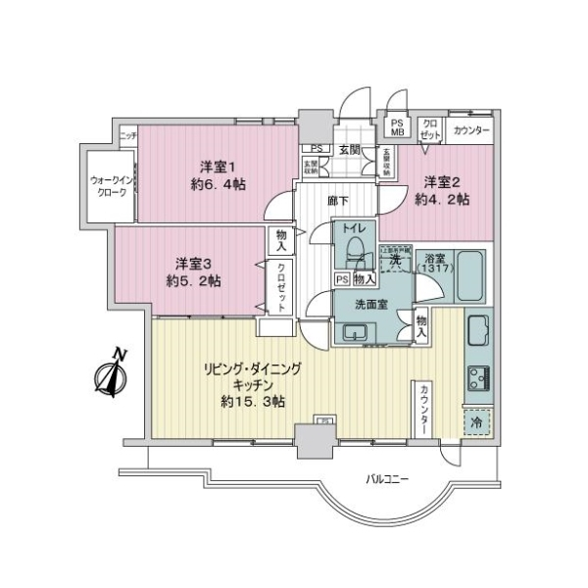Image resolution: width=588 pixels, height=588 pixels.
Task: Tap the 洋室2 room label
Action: (442, 181)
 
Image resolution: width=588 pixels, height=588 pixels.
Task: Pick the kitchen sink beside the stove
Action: (477, 331)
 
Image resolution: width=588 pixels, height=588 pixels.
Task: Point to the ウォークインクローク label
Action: (110, 186)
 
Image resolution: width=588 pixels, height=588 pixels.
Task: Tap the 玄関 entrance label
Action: (350, 149)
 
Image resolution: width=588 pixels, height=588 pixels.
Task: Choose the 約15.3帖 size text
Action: (252, 401)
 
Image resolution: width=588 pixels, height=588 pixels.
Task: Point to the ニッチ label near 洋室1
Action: (127, 134)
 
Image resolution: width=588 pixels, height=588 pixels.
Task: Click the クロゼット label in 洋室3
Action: (282, 287)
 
